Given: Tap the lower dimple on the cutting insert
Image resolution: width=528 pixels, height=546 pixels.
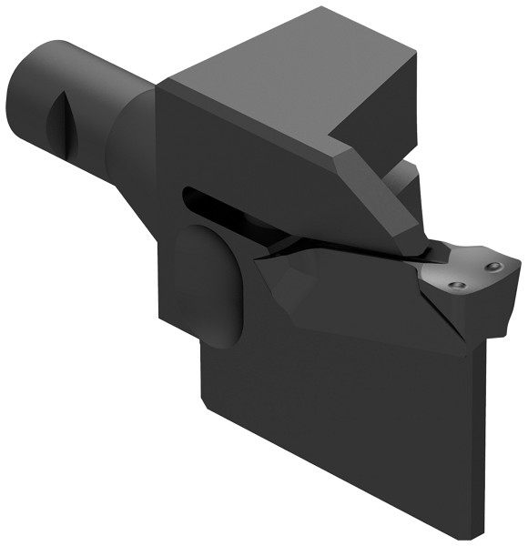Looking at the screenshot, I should point(458,286).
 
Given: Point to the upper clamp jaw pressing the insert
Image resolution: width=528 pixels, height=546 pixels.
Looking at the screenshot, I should point(382,196).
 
